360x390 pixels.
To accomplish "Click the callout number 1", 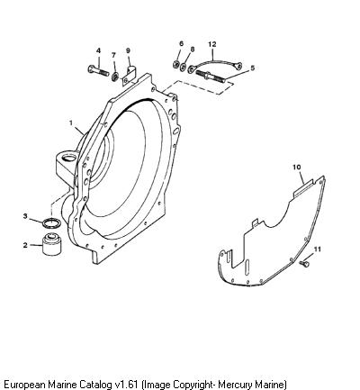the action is pos(71,122).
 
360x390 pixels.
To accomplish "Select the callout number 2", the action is pos(25,245).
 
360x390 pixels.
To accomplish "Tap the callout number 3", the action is pos(25,216).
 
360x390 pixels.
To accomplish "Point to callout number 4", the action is pos(98,50).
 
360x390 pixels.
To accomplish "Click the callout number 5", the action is pos(252,68).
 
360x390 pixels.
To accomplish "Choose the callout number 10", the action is pos(297,168).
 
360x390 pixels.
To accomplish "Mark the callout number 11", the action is pos(318,249).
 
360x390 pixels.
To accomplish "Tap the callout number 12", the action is pos(212,44).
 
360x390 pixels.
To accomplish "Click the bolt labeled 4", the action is pos(98,71).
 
